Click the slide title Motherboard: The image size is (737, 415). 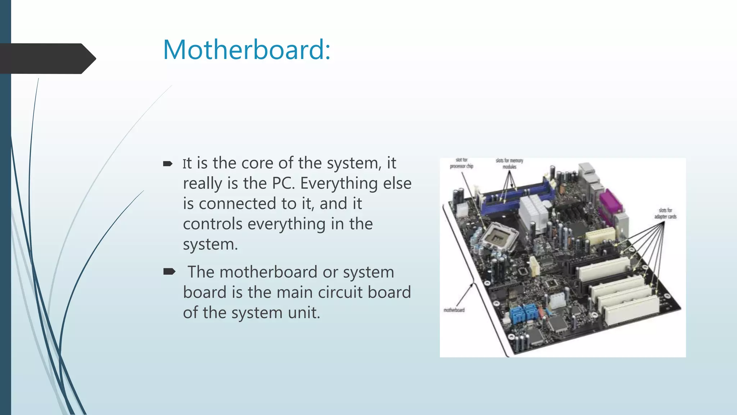(x=247, y=50)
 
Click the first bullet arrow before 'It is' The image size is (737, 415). (x=168, y=164)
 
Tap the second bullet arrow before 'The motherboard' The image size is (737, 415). (x=169, y=272)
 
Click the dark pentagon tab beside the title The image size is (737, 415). (x=47, y=58)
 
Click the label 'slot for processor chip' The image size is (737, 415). (x=461, y=163)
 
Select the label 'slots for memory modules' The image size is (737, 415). (x=509, y=164)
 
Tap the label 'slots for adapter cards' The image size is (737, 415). (x=665, y=213)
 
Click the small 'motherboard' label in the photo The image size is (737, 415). (x=454, y=310)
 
